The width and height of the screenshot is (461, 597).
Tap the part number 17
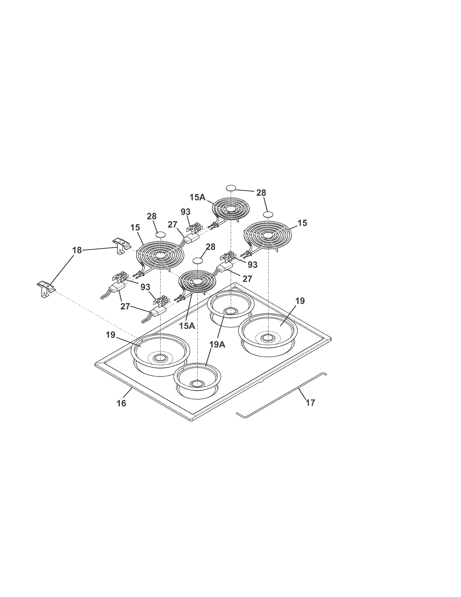click(310, 402)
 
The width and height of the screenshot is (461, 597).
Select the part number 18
click(77, 250)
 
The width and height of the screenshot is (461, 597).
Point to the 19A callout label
click(217, 345)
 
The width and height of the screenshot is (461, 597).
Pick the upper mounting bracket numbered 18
click(120, 246)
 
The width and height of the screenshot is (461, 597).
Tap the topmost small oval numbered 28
click(231, 188)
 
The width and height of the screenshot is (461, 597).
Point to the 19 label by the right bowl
click(300, 301)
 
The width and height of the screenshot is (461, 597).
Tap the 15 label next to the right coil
click(302, 223)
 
